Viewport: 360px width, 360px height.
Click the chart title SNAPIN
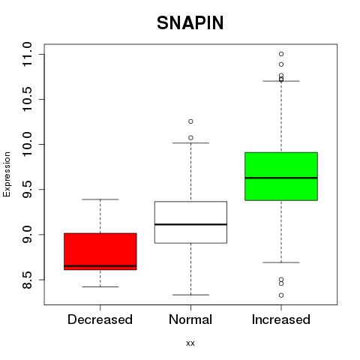tap(190, 23)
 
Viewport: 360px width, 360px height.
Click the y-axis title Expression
tap(7, 174)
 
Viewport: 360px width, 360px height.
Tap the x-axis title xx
tap(190, 343)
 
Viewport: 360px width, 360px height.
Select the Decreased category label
tap(100, 319)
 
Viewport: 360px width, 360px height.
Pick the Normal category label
tap(190, 319)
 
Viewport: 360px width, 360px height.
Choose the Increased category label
tap(281, 319)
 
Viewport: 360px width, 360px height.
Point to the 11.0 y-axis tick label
tap(27, 54)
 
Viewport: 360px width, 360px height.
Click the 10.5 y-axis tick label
tap(27, 99)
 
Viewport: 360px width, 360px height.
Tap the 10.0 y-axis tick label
tap(27, 144)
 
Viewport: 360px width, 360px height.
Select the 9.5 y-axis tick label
tap(27, 189)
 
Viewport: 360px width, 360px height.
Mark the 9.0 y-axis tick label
tap(27, 234)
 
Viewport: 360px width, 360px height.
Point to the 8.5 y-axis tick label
tap(27, 280)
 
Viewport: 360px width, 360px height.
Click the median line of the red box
tap(100, 266)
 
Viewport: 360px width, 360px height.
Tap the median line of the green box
tap(281, 178)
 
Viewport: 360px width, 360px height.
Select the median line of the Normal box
tap(190, 224)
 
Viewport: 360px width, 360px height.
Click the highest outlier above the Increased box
tap(281, 54)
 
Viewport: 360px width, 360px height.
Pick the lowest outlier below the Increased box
tap(281, 295)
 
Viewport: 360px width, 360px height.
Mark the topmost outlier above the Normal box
tap(190, 121)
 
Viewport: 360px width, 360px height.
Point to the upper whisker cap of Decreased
tap(100, 199)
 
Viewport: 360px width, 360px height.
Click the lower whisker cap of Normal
tap(190, 295)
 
